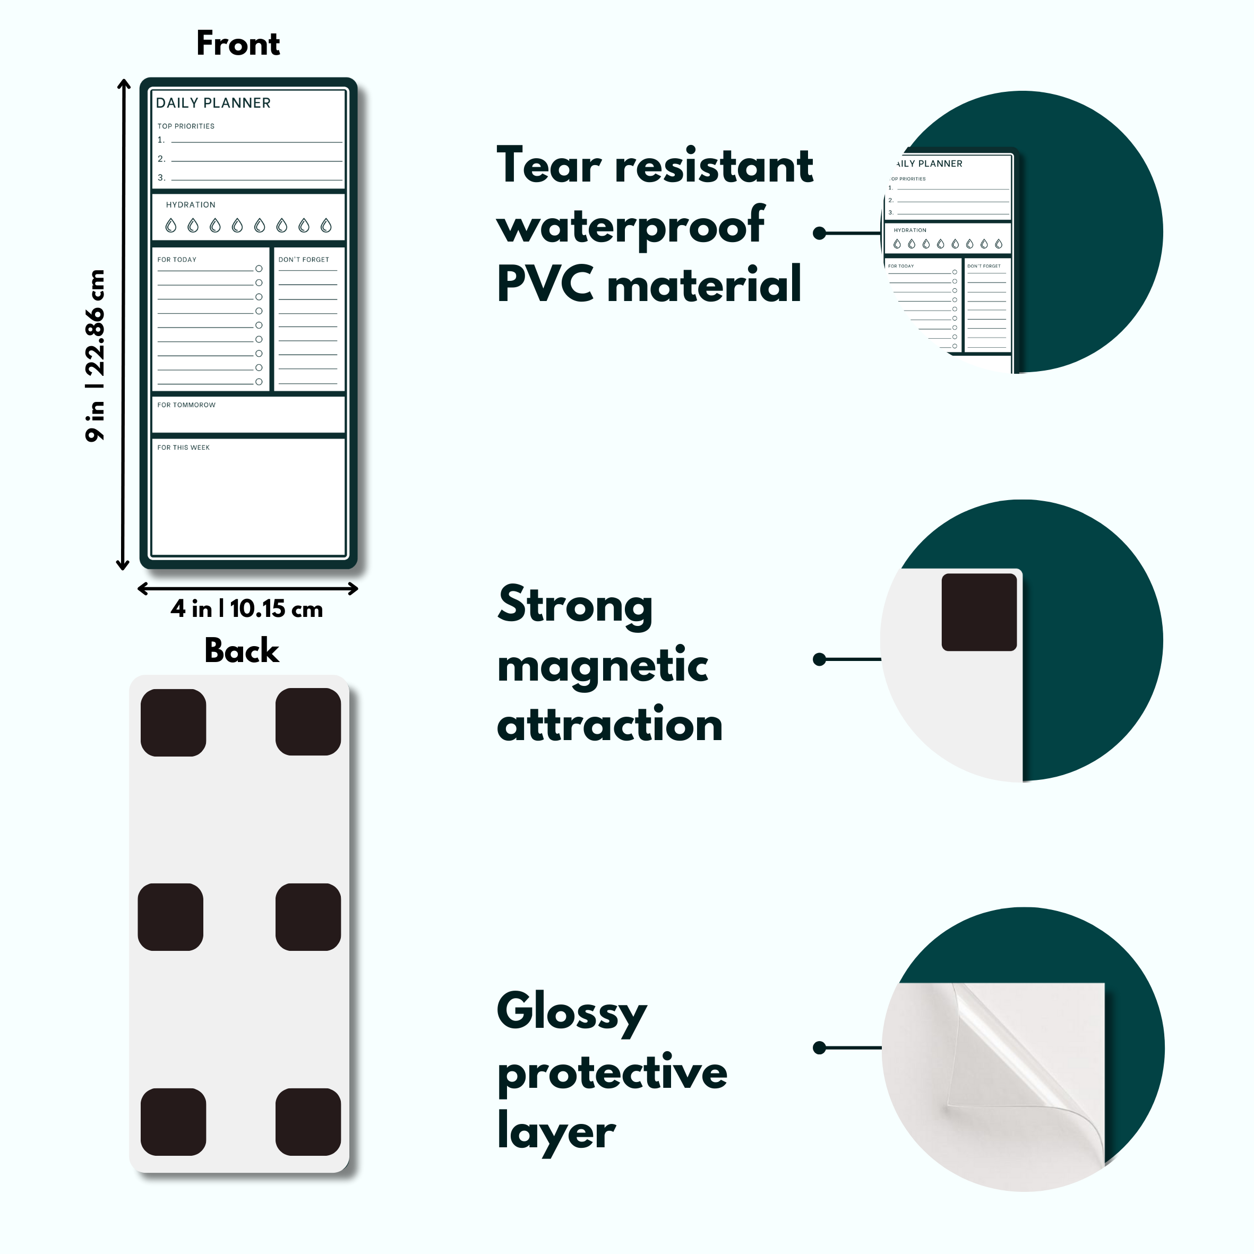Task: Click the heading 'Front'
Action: (x=238, y=44)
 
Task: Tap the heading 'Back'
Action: (x=242, y=651)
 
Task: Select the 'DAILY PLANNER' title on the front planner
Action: (x=213, y=103)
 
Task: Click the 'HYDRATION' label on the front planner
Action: (x=190, y=205)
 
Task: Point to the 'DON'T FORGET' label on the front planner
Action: (x=304, y=260)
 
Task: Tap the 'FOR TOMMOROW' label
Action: (x=186, y=405)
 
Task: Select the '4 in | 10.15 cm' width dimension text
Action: (x=247, y=609)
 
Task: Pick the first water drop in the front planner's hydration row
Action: (x=171, y=226)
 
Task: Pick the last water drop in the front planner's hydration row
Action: (x=327, y=226)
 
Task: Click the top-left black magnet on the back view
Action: (x=173, y=723)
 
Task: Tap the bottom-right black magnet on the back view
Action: (x=308, y=1122)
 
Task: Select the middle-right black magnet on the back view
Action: (x=308, y=917)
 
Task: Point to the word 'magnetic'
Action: (x=603, y=665)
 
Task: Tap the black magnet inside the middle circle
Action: (x=979, y=612)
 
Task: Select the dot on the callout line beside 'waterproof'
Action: (x=820, y=233)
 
